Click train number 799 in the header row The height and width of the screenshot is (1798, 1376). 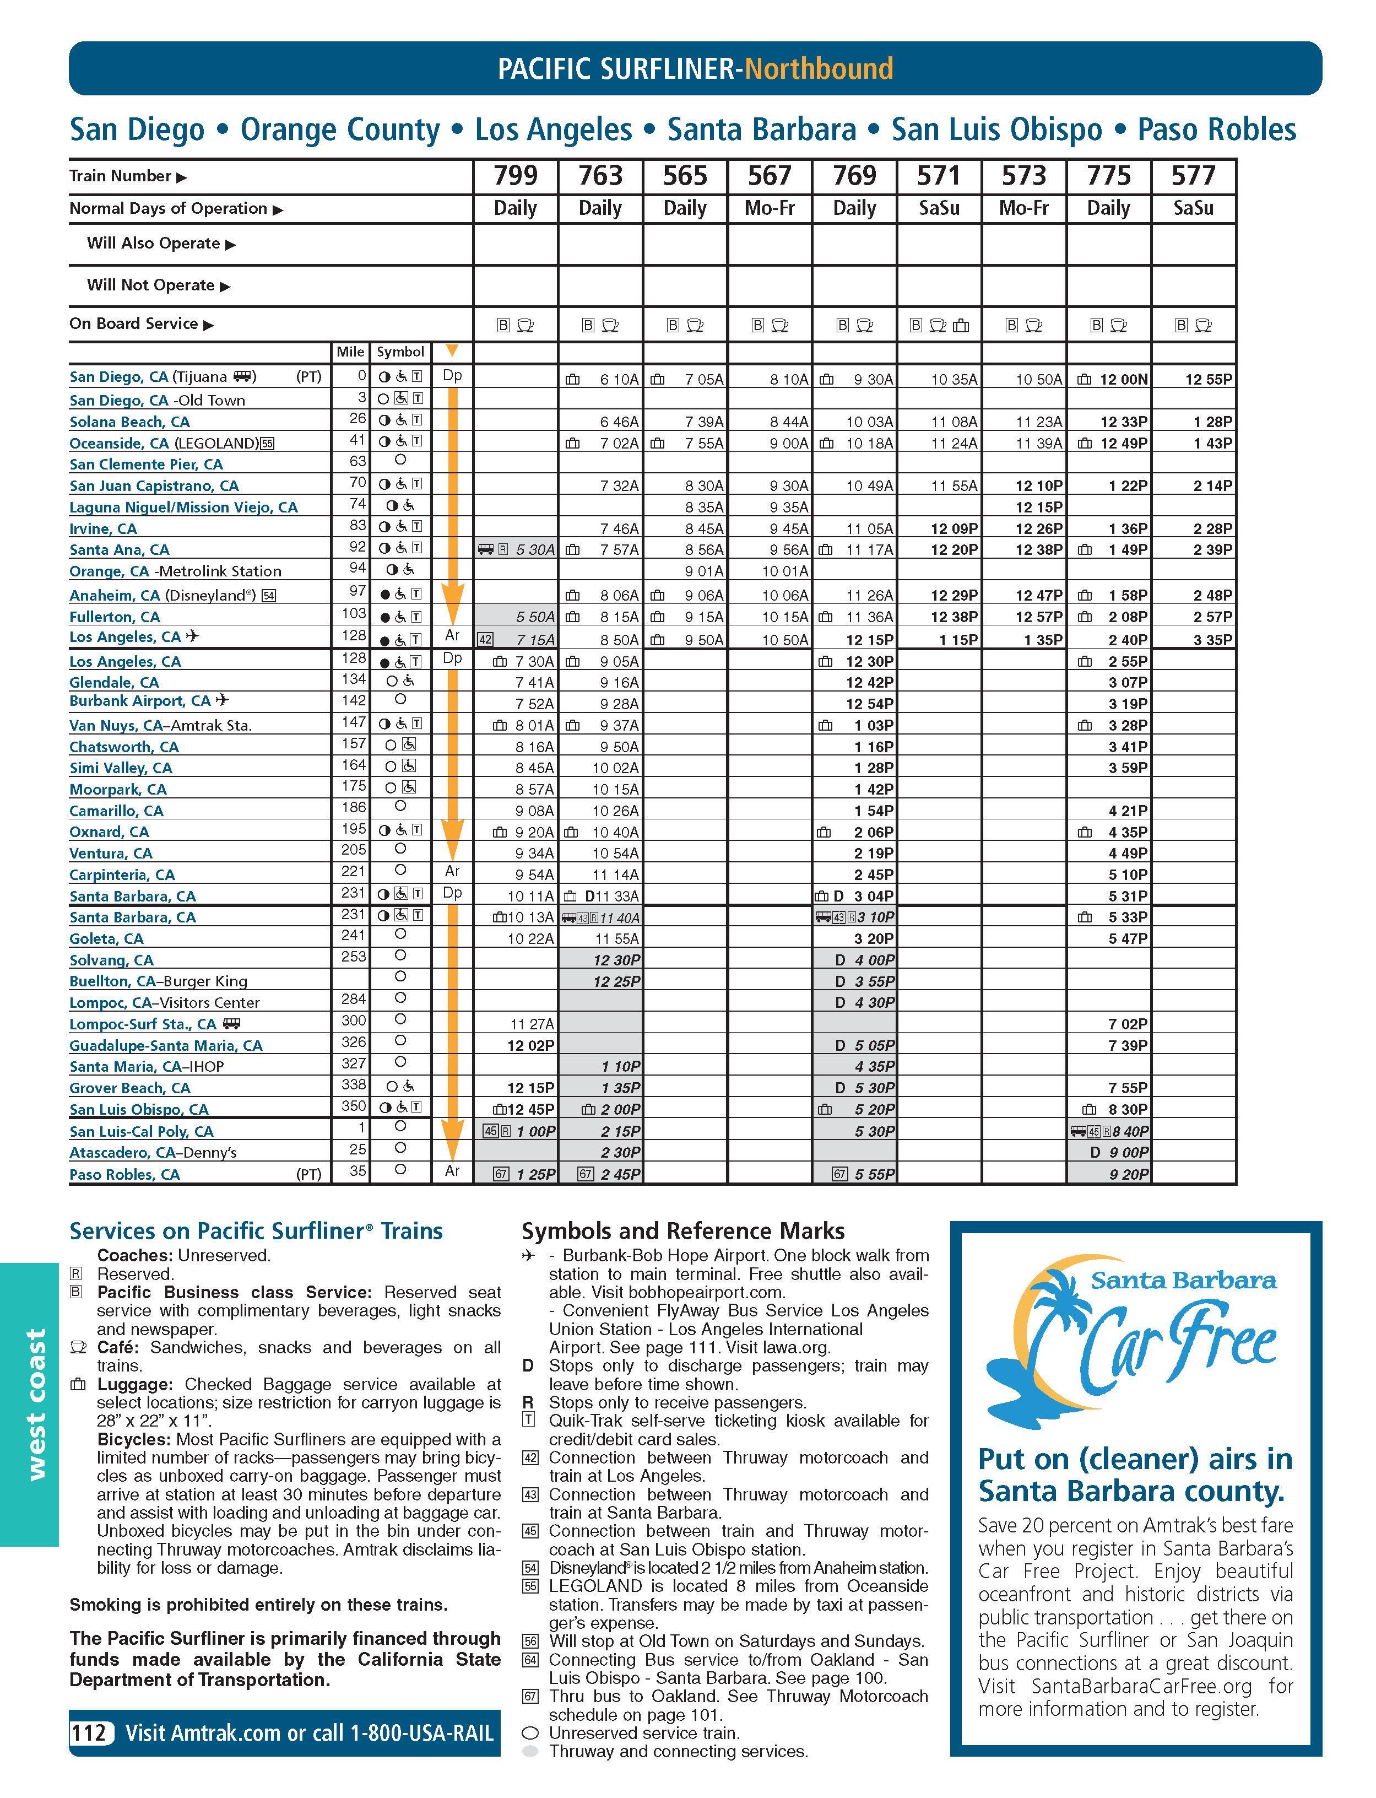[515, 175]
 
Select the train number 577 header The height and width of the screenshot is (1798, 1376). [1193, 175]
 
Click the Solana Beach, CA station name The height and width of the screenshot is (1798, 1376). [129, 422]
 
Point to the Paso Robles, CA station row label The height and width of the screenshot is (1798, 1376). [124, 1174]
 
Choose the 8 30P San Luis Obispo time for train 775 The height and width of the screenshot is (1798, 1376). [1128, 1109]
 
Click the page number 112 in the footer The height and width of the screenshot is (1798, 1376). [89, 1732]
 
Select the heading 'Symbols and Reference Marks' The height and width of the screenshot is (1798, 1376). [683, 1230]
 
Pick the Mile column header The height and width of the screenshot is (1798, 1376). [350, 352]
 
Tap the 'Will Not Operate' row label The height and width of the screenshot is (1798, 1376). [151, 285]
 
